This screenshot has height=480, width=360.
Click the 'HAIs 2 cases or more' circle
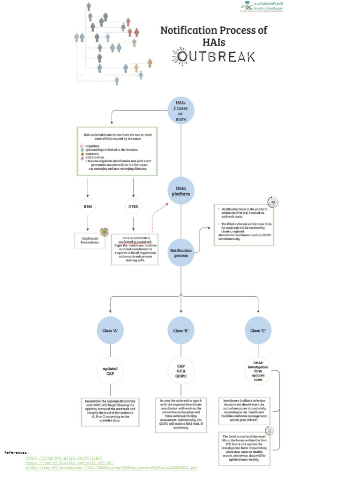pos(181,111)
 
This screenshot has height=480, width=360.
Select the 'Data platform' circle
pos(181,190)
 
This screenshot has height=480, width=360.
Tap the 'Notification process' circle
pos(181,253)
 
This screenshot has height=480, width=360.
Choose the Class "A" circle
pos(110,330)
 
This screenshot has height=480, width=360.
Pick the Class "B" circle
pos(181,330)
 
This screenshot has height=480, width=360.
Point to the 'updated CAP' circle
pos(110,371)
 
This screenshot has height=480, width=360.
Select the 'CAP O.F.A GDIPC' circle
pos(181,371)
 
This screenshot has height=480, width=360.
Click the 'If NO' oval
pos(88,206)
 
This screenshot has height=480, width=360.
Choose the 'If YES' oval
pos(133,206)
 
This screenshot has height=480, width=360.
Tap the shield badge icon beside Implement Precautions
pos(105,232)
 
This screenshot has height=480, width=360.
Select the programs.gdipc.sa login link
pos(64,457)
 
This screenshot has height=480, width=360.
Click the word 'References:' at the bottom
pos(17,452)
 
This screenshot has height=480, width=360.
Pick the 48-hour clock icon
pos(273,202)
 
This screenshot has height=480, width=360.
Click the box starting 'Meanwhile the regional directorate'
pos(110,411)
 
